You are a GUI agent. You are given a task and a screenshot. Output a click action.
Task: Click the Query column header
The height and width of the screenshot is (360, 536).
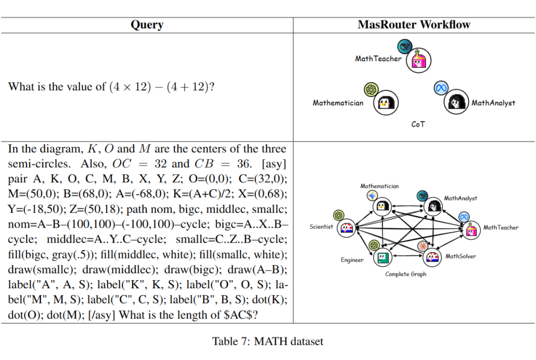[147, 25]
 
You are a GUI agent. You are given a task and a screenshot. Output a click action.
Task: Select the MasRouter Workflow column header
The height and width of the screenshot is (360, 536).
[414, 25]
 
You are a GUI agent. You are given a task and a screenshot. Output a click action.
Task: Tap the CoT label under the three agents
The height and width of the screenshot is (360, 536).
[418, 124]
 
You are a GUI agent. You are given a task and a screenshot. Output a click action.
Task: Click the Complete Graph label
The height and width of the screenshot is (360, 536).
[406, 274]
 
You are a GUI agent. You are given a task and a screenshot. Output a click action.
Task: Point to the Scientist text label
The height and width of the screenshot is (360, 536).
[321, 227]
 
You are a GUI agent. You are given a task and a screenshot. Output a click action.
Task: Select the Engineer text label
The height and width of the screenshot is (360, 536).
[352, 260]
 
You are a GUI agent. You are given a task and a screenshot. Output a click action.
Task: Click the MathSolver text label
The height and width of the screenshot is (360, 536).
[461, 256]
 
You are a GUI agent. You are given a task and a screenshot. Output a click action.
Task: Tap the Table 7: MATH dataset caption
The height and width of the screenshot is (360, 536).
[268, 341]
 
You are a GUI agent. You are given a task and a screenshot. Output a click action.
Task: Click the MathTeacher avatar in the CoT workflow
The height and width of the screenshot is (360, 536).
[419, 60]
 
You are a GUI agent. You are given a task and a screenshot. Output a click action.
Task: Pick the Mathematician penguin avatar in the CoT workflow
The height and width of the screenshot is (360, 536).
[386, 103]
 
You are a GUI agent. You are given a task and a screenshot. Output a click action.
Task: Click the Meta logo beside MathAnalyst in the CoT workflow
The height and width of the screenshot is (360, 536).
[441, 88]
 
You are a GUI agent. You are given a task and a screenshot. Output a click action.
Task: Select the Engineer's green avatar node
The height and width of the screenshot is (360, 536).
[383, 257]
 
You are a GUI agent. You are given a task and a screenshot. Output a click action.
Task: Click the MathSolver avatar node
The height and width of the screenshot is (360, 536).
[432, 257]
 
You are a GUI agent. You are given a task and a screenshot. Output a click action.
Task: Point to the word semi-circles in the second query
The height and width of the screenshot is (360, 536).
[39, 164]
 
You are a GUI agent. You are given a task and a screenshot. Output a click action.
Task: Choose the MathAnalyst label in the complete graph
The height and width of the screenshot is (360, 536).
[461, 198]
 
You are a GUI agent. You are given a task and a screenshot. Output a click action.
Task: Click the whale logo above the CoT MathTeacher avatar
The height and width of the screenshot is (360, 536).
[405, 47]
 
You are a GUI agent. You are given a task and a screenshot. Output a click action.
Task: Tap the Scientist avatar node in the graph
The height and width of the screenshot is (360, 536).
[346, 228]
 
